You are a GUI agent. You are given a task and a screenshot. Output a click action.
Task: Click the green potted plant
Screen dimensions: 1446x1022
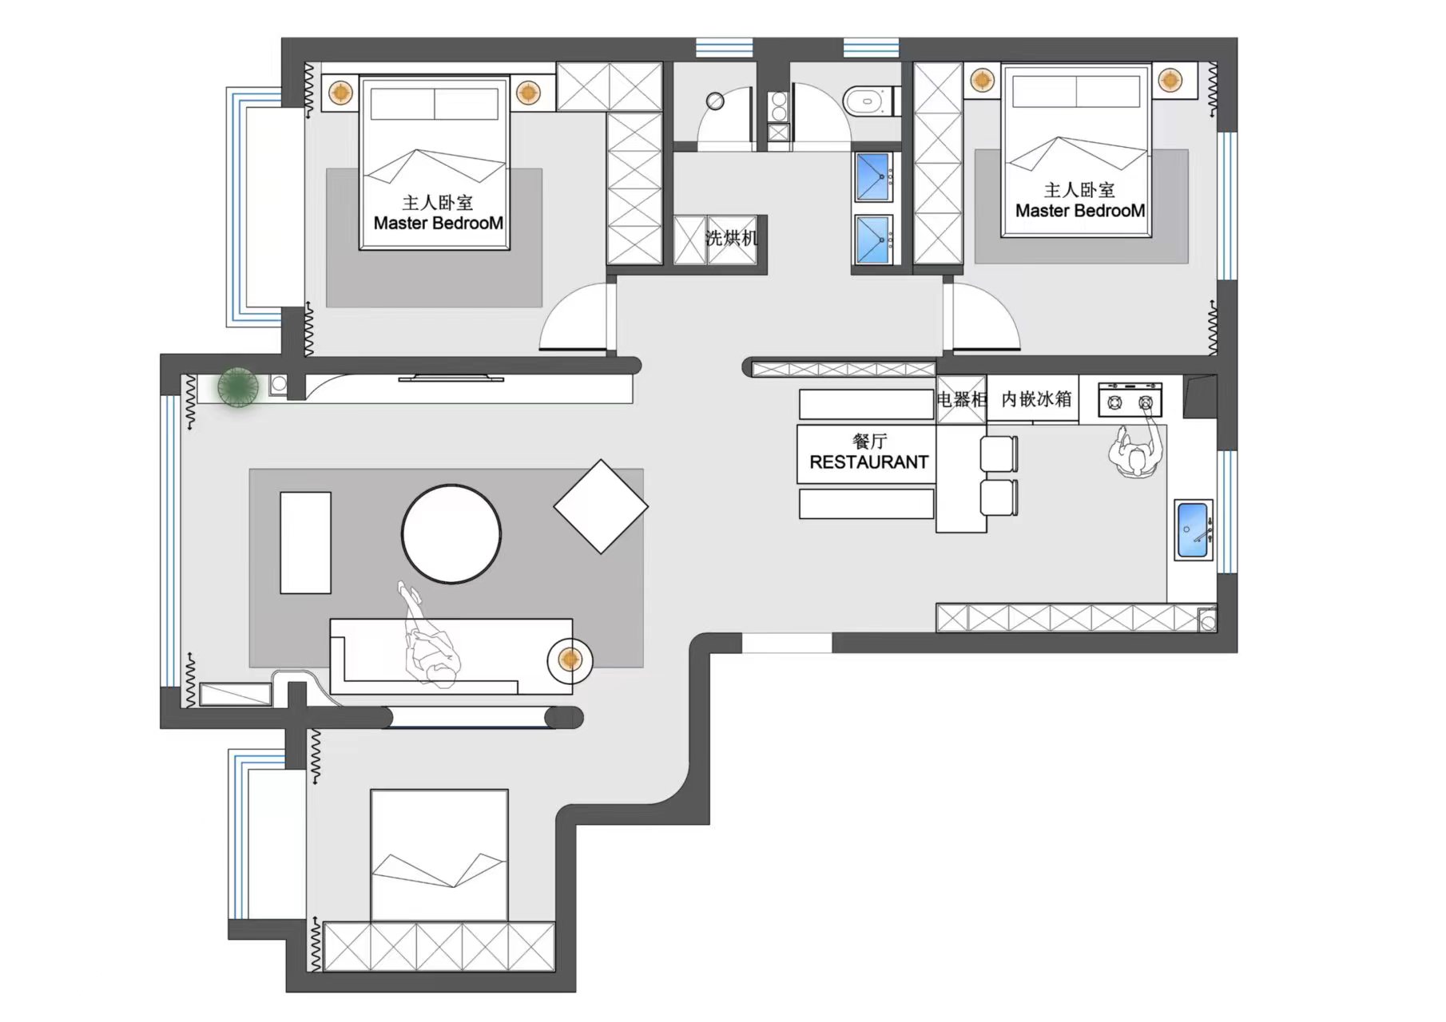tap(238, 387)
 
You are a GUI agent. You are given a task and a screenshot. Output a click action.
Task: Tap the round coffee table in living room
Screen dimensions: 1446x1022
tap(451, 534)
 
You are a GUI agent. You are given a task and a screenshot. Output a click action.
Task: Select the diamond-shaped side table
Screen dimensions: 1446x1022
tap(601, 506)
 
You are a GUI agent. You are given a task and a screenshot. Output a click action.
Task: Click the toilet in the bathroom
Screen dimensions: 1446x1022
tap(869, 101)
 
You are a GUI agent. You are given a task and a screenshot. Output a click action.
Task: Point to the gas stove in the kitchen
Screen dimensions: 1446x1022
tap(1130, 400)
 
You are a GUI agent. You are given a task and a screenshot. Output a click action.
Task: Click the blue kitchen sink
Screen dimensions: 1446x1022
tap(1194, 530)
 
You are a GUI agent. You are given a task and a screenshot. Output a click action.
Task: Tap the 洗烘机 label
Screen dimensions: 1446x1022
tap(731, 237)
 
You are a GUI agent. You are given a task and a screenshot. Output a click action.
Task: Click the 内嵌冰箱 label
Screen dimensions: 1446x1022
tap(1036, 398)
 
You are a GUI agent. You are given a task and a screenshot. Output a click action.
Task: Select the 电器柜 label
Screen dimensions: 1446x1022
tap(962, 398)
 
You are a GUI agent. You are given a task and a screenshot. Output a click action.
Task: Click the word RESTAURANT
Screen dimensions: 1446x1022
tap(869, 462)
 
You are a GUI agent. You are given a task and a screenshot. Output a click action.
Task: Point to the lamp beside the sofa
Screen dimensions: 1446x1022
tap(570, 660)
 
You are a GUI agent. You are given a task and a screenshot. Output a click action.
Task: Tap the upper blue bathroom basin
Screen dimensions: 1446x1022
tap(873, 176)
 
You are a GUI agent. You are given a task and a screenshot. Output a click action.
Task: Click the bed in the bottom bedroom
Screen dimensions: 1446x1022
tap(439, 855)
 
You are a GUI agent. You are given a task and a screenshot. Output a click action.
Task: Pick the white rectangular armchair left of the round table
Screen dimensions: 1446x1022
tap(305, 543)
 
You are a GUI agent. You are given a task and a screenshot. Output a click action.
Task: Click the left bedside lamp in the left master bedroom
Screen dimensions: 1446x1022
tap(341, 92)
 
